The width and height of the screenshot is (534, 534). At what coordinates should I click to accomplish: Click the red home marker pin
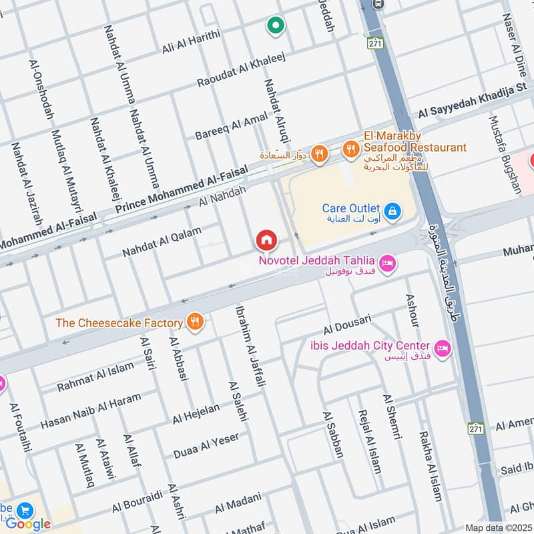coord(266,239)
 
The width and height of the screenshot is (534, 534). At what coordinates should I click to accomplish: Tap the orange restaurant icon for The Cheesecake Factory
coord(195,322)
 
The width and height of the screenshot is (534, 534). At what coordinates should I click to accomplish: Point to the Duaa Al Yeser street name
coord(206,445)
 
